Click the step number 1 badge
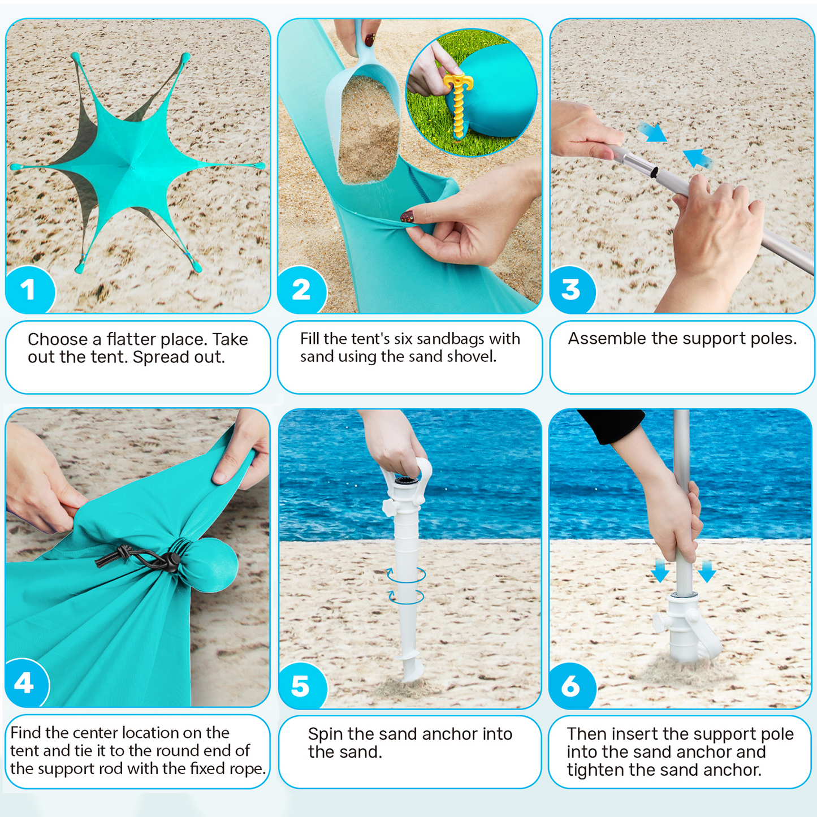(x=29, y=290)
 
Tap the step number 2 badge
(x=301, y=290)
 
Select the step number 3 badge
(x=572, y=290)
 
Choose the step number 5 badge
(x=301, y=686)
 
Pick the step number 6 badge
(x=572, y=686)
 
